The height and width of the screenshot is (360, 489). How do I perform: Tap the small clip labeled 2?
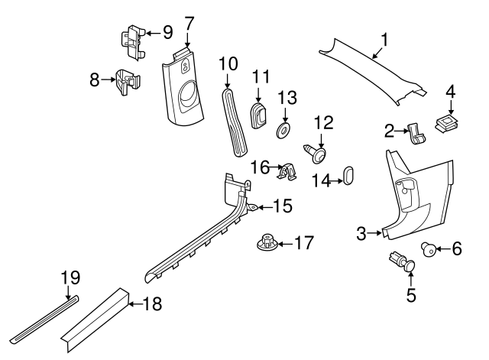tap(418, 135)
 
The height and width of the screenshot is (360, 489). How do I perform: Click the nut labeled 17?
tap(264, 244)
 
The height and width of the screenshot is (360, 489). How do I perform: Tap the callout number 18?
tap(154, 304)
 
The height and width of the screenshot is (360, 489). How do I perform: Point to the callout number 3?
tap(362, 234)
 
